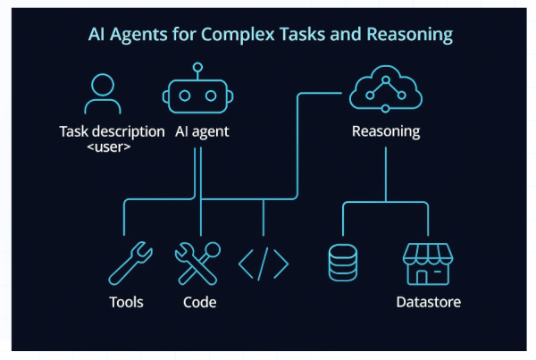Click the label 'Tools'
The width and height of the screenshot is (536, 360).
(x=126, y=302)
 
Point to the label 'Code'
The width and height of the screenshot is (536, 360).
(x=199, y=302)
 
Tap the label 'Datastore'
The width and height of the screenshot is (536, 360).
(x=429, y=302)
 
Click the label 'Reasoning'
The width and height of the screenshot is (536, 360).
(x=386, y=131)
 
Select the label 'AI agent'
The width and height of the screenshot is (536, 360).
(x=202, y=131)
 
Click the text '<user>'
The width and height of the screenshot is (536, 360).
(x=112, y=147)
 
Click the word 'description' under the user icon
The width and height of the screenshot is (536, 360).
(x=130, y=131)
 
